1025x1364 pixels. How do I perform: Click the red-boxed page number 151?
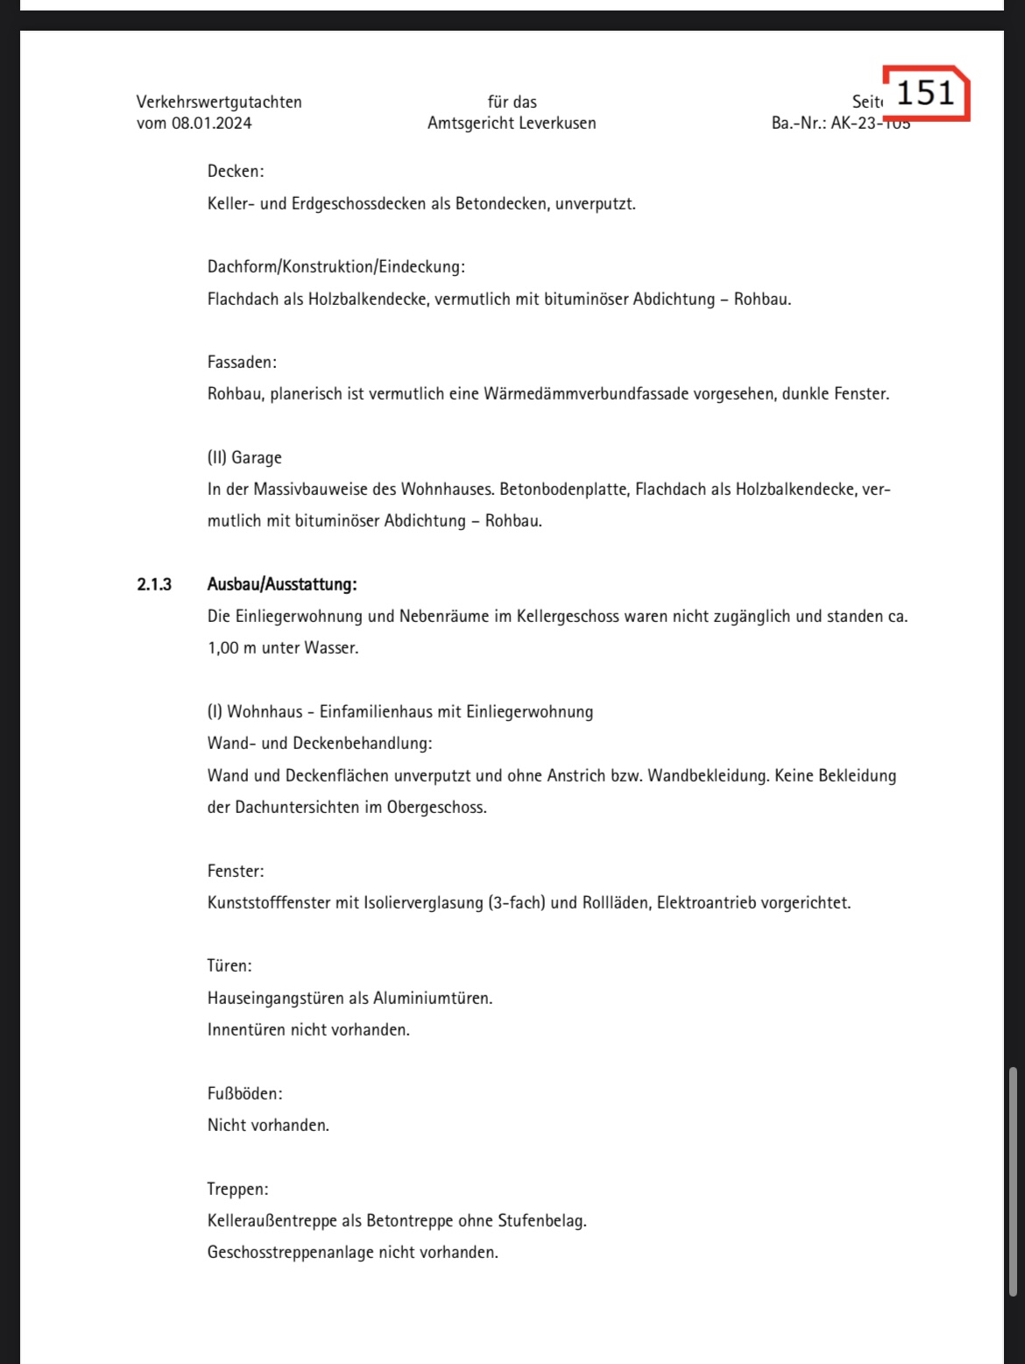[x=925, y=92]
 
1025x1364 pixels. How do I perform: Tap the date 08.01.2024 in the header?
[x=211, y=124]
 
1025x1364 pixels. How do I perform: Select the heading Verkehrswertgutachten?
[x=219, y=102]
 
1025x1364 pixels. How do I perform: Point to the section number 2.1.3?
[x=154, y=584]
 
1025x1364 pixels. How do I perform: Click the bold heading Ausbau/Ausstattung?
[x=282, y=584]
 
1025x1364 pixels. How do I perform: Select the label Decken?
[x=236, y=172]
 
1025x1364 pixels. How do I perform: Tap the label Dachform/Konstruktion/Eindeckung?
[x=336, y=266]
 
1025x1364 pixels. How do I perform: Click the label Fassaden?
[x=242, y=362]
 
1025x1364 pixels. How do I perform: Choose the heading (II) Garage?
[x=244, y=457]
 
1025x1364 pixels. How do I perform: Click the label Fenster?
[x=236, y=871]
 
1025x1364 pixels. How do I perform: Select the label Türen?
[x=230, y=966]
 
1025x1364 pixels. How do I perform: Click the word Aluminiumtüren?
[x=433, y=998]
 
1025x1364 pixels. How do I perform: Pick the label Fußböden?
[x=245, y=1093]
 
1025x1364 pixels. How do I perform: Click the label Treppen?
[x=237, y=1189]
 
